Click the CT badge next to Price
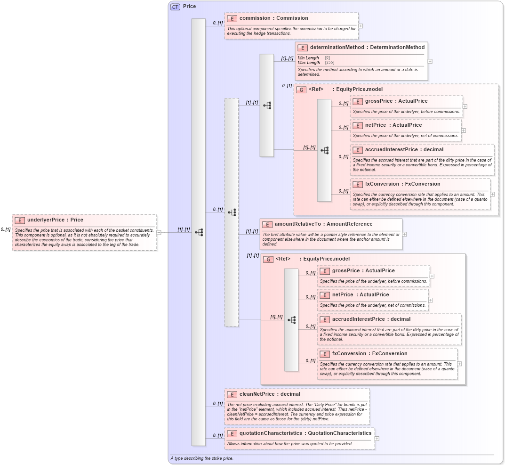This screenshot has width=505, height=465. point(175,7)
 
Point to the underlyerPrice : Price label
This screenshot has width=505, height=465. point(55,220)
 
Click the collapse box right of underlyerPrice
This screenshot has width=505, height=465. point(159,232)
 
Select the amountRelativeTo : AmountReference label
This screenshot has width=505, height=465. point(323,224)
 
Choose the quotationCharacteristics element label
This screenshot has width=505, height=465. point(305,433)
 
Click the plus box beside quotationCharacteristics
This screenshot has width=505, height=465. point(377,438)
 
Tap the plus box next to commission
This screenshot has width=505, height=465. point(361,26)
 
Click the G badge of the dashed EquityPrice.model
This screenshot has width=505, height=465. point(301,90)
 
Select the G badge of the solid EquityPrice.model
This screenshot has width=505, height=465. point(268,259)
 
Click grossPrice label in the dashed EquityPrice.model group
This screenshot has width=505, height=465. point(396,101)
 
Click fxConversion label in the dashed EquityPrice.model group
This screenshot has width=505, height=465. point(402,184)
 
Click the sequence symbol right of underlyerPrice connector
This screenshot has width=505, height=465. point(199,232)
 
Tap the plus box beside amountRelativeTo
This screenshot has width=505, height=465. point(404,234)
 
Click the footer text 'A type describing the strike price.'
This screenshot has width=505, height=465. point(202,458)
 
